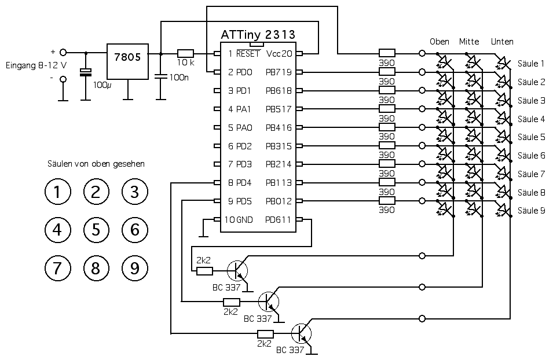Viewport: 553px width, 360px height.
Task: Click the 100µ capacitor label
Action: point(101,85)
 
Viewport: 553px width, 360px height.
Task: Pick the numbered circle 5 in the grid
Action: point(96,230)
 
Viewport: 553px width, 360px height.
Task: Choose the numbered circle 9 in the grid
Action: point(135,267)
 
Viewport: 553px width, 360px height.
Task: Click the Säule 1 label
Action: point(532,64)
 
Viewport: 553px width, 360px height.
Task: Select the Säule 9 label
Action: point(532,210)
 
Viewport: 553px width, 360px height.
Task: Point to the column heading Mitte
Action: point(469,42)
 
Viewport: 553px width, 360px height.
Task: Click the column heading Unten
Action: point(501,42)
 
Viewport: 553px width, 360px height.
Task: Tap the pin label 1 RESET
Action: point(244,54)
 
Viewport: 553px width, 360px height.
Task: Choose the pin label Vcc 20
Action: point(279,54)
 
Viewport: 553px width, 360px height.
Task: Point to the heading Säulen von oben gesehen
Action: point(96,164)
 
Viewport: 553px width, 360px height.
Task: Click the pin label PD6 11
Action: point(279,220)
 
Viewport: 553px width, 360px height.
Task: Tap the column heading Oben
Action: point(440,42)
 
